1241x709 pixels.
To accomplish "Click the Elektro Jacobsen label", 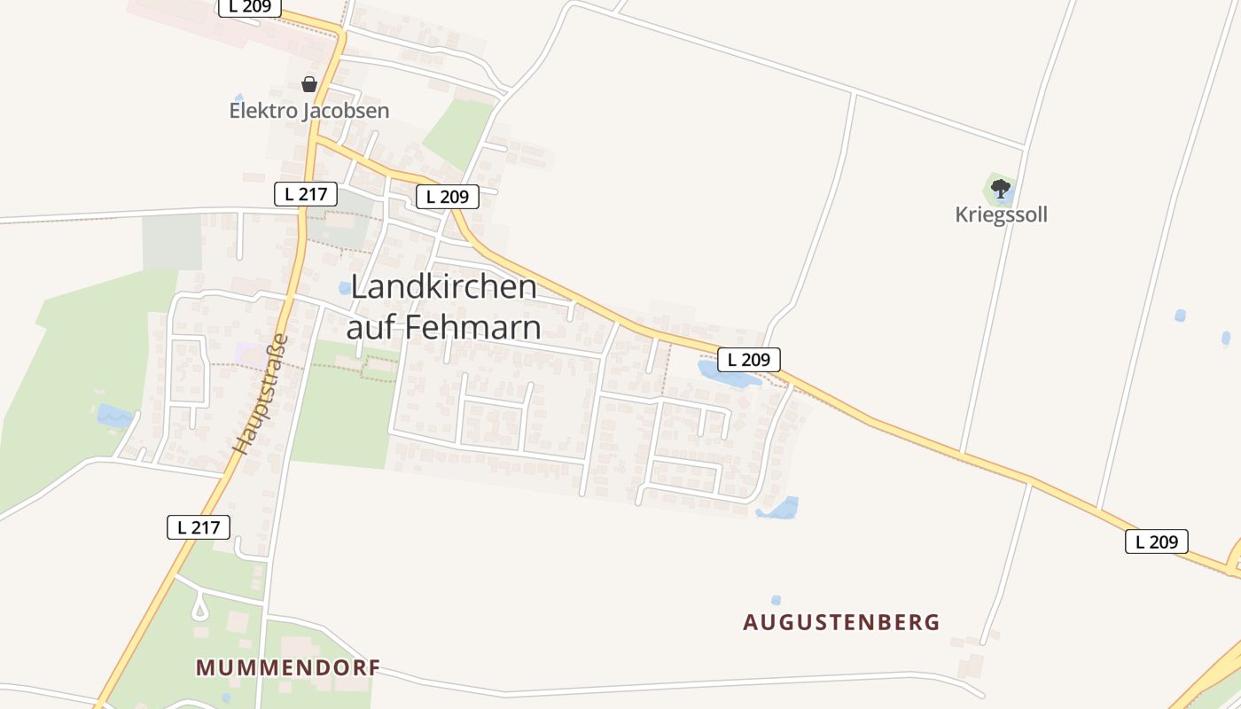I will (x=309, y=111).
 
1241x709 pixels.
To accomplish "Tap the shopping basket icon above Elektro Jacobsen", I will (x=308, y=84).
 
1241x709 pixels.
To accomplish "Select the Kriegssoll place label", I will (x=1001, y=214).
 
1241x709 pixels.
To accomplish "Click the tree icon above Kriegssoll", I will (x=1001, y=188).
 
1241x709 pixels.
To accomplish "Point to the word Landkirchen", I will (x=444, y=287).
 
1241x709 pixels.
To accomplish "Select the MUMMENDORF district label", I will (x=288, y=667).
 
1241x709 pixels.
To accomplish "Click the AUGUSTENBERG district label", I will (x=841, y=622).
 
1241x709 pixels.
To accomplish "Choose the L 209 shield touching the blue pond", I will (x=749, y=360).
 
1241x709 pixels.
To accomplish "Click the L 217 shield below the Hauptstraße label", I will (x=199, y=527).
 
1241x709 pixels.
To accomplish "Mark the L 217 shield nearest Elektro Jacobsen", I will (x=306, y=194).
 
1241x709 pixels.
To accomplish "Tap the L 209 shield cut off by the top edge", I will (x=250, y=7).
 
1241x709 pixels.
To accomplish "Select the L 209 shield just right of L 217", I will (x=448, y=197).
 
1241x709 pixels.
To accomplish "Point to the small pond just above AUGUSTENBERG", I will (x=777, y=600).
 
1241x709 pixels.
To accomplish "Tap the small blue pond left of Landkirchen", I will (x=344, y=288).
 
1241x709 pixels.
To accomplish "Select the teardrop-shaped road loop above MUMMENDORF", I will (x=199, y=608).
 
